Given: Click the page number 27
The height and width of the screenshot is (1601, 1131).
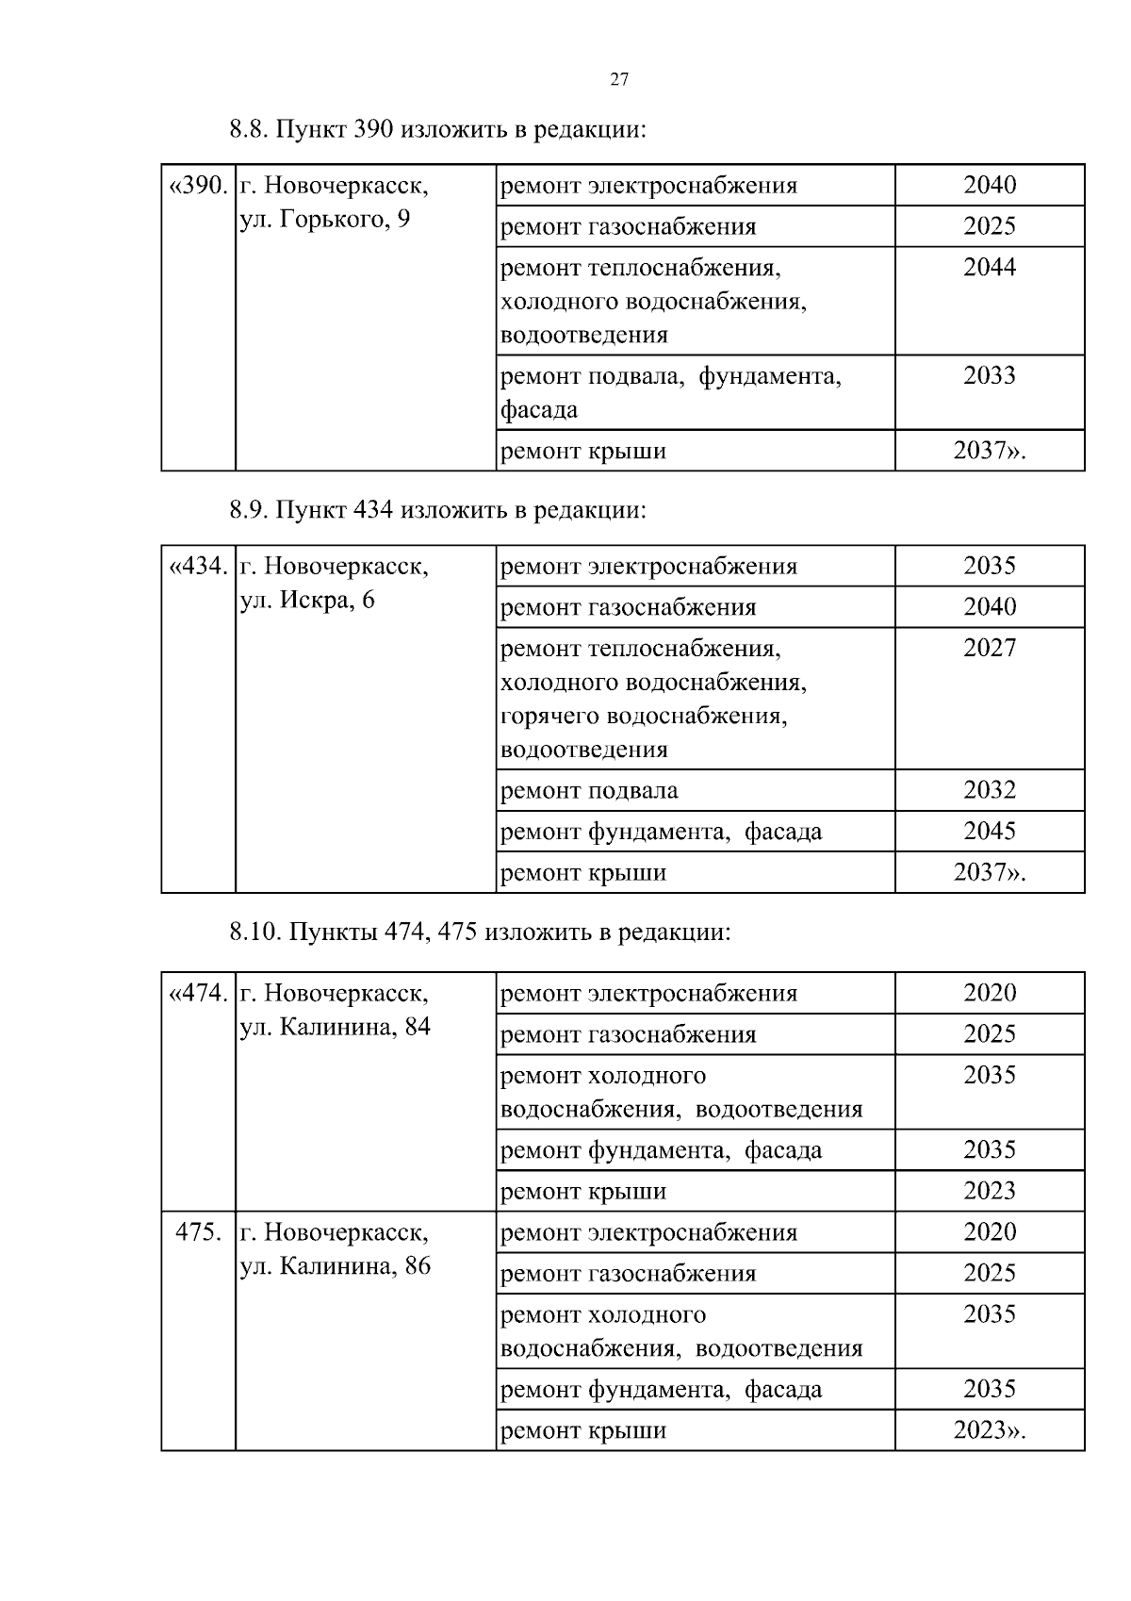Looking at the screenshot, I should [x=619, y=79].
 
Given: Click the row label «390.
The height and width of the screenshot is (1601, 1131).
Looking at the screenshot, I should [x=198, y=186].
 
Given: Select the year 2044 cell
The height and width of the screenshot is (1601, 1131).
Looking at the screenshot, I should [x=989, y=268].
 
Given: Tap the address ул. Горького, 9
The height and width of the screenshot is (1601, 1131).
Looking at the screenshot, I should [x=325, y=221].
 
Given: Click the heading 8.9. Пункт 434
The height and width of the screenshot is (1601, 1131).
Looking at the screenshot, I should [x=438, y=510].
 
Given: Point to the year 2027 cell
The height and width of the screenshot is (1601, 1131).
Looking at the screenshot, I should [x=989, y=648].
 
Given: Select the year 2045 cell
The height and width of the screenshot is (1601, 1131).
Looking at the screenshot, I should [x=989, y=831].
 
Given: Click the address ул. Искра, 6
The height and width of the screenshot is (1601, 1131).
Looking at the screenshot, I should [x=307, y=600].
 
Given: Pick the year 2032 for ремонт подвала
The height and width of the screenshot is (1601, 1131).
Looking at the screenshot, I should [x=989, y=790].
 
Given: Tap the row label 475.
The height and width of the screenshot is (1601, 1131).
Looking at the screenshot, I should [x=199, y=1232].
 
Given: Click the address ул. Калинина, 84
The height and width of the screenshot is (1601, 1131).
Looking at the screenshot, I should [x=335, y=1027].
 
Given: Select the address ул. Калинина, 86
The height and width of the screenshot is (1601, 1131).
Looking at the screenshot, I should [x=335, y=1265].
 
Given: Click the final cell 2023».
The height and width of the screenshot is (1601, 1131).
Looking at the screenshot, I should [x=989, y=1430].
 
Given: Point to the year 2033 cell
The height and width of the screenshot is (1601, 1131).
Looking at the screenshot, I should [x=989, y=376].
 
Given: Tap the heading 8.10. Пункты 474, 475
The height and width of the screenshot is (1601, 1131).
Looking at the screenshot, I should [x=480, y=933].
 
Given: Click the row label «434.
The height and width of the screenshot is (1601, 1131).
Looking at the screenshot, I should [x=198, y=567].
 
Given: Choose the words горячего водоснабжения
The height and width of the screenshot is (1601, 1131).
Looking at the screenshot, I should [x=644, y=716].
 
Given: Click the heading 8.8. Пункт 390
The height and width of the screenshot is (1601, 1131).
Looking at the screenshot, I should [x=438, y=129].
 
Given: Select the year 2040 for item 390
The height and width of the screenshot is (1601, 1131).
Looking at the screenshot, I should [x=989, y=185].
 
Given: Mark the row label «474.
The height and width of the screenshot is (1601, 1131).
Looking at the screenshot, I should [x=198, y=994].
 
